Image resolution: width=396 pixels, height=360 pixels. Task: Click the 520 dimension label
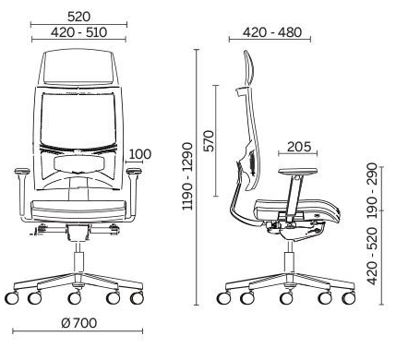tap(78, 17)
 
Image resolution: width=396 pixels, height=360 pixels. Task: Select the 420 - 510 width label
tap(78, 32)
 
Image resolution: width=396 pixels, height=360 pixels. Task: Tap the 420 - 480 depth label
tap(272, 32)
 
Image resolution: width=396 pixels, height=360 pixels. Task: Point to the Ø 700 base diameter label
tap(79, 323)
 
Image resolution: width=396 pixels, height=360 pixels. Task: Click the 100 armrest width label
tap(139, 154)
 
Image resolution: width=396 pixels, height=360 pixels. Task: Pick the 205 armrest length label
tap(299, 147)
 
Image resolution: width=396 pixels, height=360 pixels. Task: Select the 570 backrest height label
tap(210, 140)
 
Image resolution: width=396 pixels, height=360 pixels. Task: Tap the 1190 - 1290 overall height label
tap(187, 176)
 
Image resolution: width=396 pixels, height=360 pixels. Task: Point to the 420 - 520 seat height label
tap(372, 256)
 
